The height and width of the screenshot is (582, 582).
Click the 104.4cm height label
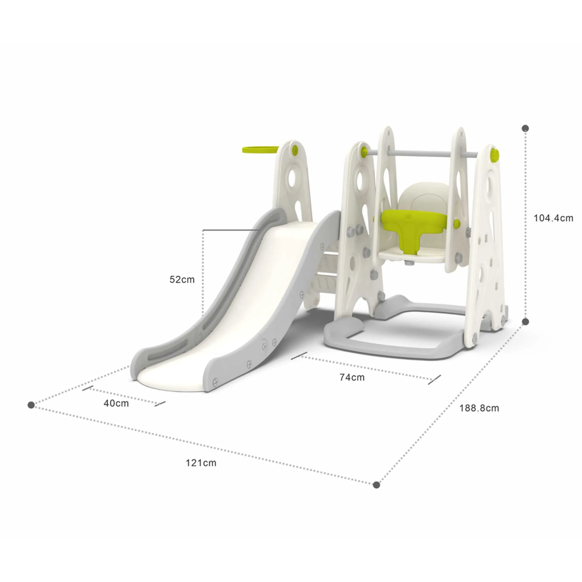pyautogui.click(x=553, y=218)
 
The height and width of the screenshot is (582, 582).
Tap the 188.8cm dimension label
pyautogui.click(x=479, y=408)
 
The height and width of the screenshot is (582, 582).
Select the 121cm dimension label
pyautogui.click(x=201, y=463)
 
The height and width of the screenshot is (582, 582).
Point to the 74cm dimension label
pyautogui.click(x=352, y=377)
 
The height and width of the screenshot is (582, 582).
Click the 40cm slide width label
pyautogui.click(x=116, y=403)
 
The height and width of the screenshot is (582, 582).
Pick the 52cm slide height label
pyautogui.click(x=182, y=280)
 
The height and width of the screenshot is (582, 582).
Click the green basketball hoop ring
pyautogui.click(x=260, y=150)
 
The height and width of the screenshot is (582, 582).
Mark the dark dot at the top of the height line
pyautogui.click(x=525, y=128)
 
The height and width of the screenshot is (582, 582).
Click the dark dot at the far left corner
pyautogui.click(x=31, y=405)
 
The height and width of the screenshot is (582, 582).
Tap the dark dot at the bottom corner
pyautogui.click(x=376, y=485)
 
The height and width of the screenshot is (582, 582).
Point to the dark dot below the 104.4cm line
pyautogui.click(x=525, y=322)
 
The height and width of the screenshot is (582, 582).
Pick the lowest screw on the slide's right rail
pyautogui.click(x=215, y=382)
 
